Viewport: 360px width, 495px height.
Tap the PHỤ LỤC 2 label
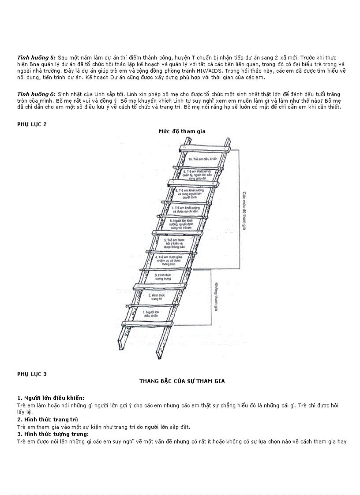pyautogui.click(x=32, y=124)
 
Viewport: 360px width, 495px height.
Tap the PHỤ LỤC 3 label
pyautogui.click(x=32, y=374)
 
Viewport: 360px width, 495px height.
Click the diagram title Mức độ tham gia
pyautogui.click(x=182, y=131)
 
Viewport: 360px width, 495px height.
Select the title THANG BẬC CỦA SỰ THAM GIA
pyautogui.click(x=182, y=381)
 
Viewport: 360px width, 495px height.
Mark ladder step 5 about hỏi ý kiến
pyautogui.click(x=172, y=244)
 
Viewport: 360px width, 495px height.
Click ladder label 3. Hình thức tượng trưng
pyautogui.click(x=161, y=276)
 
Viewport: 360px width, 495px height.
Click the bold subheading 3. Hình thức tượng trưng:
pyautogui.click(x=52, y=434)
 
